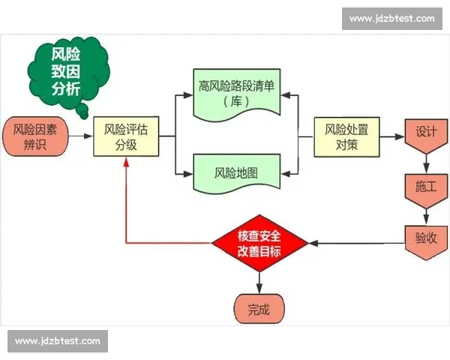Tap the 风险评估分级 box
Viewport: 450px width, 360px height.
pyautogui.click(x=125, y=136)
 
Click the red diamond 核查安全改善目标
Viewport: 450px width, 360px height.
pyautogui.click(x=259, y=243)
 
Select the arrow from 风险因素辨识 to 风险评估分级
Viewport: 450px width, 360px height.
pyautogui.click(x=80, y=136)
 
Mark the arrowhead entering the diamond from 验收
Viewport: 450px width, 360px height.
pyautogui.click(x=313, y=243)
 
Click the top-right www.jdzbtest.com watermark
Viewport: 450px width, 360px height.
pyautogui.click(x=392, y=18)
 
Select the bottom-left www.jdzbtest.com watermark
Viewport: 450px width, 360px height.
pyautogui.click(x=57, y=341)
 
